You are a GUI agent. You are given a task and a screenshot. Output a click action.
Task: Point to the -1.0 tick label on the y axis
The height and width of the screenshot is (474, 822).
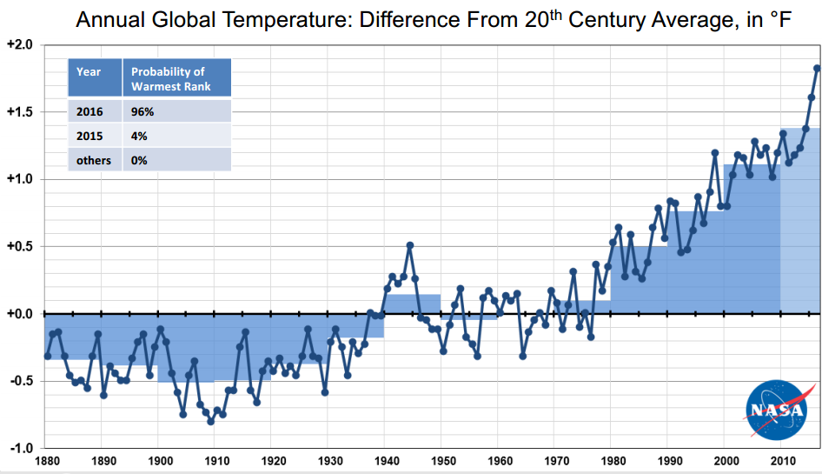pos(20,449)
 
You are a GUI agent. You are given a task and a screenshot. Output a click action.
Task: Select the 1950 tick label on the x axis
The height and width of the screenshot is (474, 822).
pos(442,461)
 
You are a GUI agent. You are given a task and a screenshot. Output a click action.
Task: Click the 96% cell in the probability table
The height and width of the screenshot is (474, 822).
pos(143,111)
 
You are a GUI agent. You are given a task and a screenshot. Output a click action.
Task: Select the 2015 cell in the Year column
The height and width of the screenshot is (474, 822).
pos(89,136)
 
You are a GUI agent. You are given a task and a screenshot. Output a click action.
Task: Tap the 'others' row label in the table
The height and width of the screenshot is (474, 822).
pos(94,160)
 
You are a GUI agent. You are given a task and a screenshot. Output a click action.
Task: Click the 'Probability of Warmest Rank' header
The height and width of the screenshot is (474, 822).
pos(168,78)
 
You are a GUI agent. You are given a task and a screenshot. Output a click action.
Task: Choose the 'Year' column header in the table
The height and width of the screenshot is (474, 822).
pos(89,71)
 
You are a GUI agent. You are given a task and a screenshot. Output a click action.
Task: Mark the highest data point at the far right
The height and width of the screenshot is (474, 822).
pos(817,69)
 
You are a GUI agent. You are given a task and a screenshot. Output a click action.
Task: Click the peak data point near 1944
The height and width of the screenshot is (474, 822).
pos(410,245)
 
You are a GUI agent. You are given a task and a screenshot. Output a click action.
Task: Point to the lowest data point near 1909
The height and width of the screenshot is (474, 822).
pos(210,421)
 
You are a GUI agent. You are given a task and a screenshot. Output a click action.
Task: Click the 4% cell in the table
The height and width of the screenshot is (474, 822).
pos(139,136)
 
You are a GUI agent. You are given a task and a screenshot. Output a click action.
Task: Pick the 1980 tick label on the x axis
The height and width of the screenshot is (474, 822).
pos(613,461)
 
